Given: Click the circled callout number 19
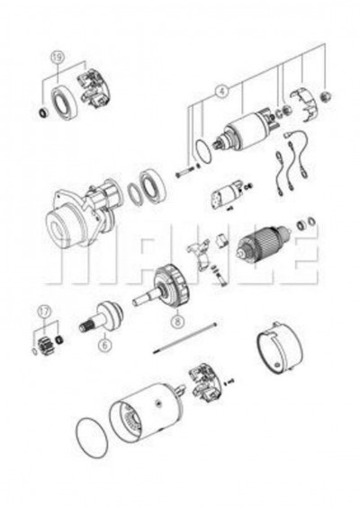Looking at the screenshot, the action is point(58,58).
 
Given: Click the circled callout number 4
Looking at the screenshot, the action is point(221,92).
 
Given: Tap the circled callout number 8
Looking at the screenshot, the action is point(177,321).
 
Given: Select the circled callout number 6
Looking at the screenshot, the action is point(104,344).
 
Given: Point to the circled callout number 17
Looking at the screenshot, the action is point(44,312).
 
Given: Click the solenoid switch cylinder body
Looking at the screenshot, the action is point(245,132).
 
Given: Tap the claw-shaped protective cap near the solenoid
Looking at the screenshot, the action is point(303,104).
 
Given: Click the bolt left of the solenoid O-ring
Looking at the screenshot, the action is point(184,172).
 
